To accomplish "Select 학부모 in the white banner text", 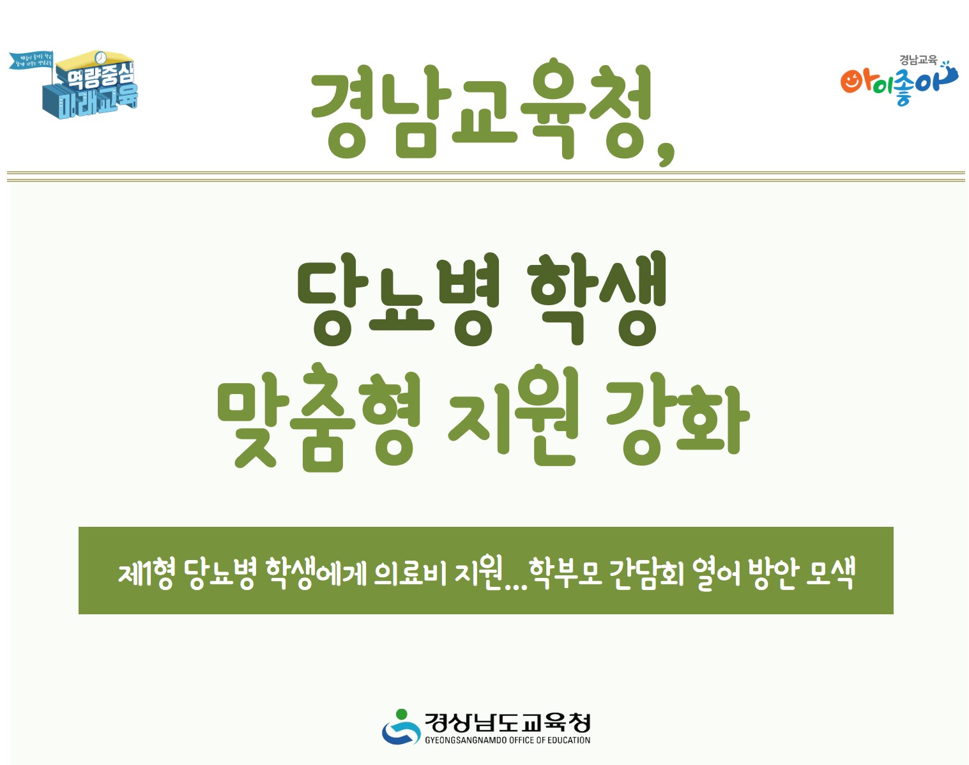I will click(566, 572).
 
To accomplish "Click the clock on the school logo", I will click(101, 59).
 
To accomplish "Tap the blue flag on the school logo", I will click(31, 61).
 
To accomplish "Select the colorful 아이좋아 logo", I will click(897, 84).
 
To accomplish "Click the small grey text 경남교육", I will click(918, 60).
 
